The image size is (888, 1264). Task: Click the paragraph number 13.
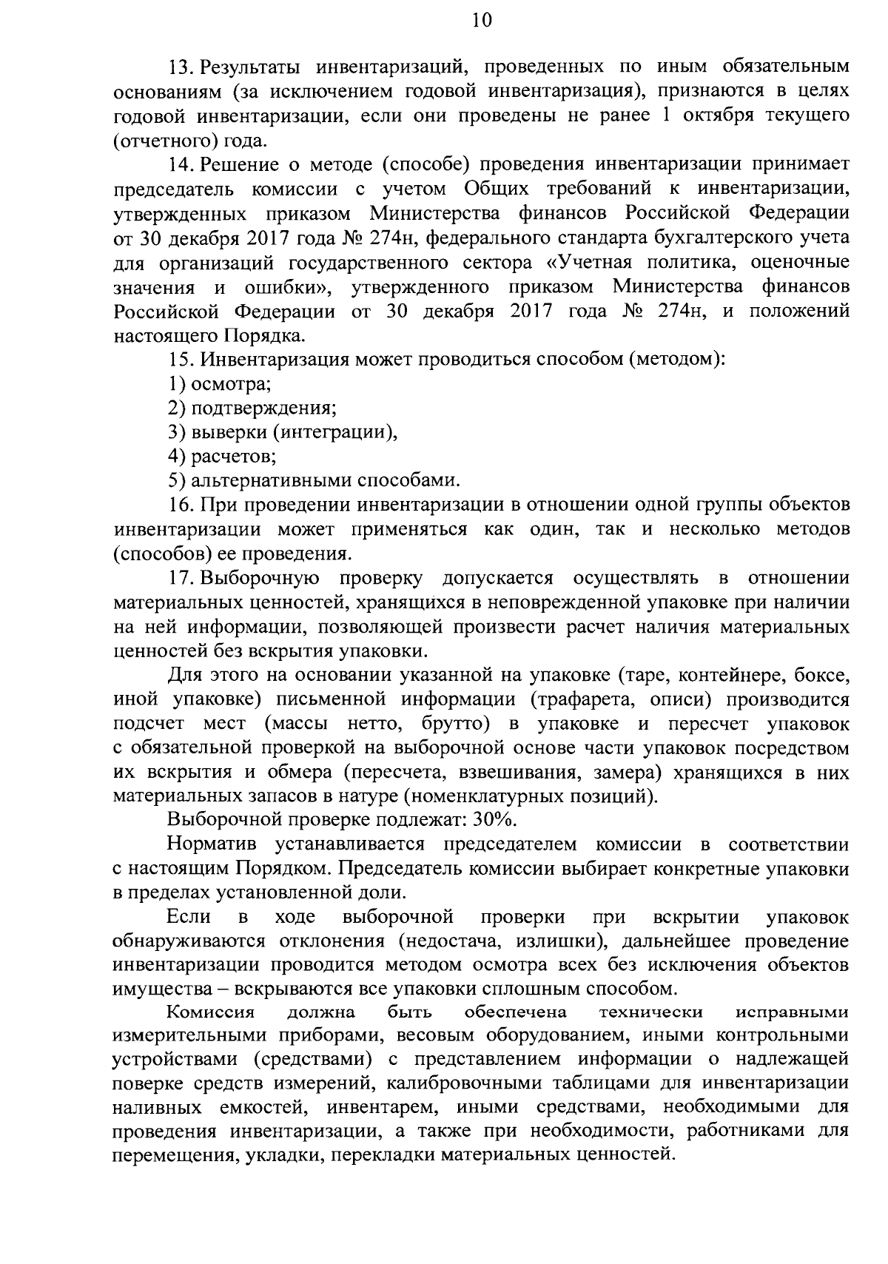click(x=181, y=67)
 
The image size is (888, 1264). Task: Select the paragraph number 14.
click(x=181, y=164)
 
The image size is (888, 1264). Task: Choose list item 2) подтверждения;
click(x=252, y=409)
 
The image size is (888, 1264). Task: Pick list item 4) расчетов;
click(x=223, y=457)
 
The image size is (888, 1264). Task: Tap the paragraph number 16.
click(x=181, y=505)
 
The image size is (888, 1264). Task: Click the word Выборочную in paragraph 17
click(x=260, y=578)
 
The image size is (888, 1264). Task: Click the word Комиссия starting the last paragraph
click(x=211, y=1012)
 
